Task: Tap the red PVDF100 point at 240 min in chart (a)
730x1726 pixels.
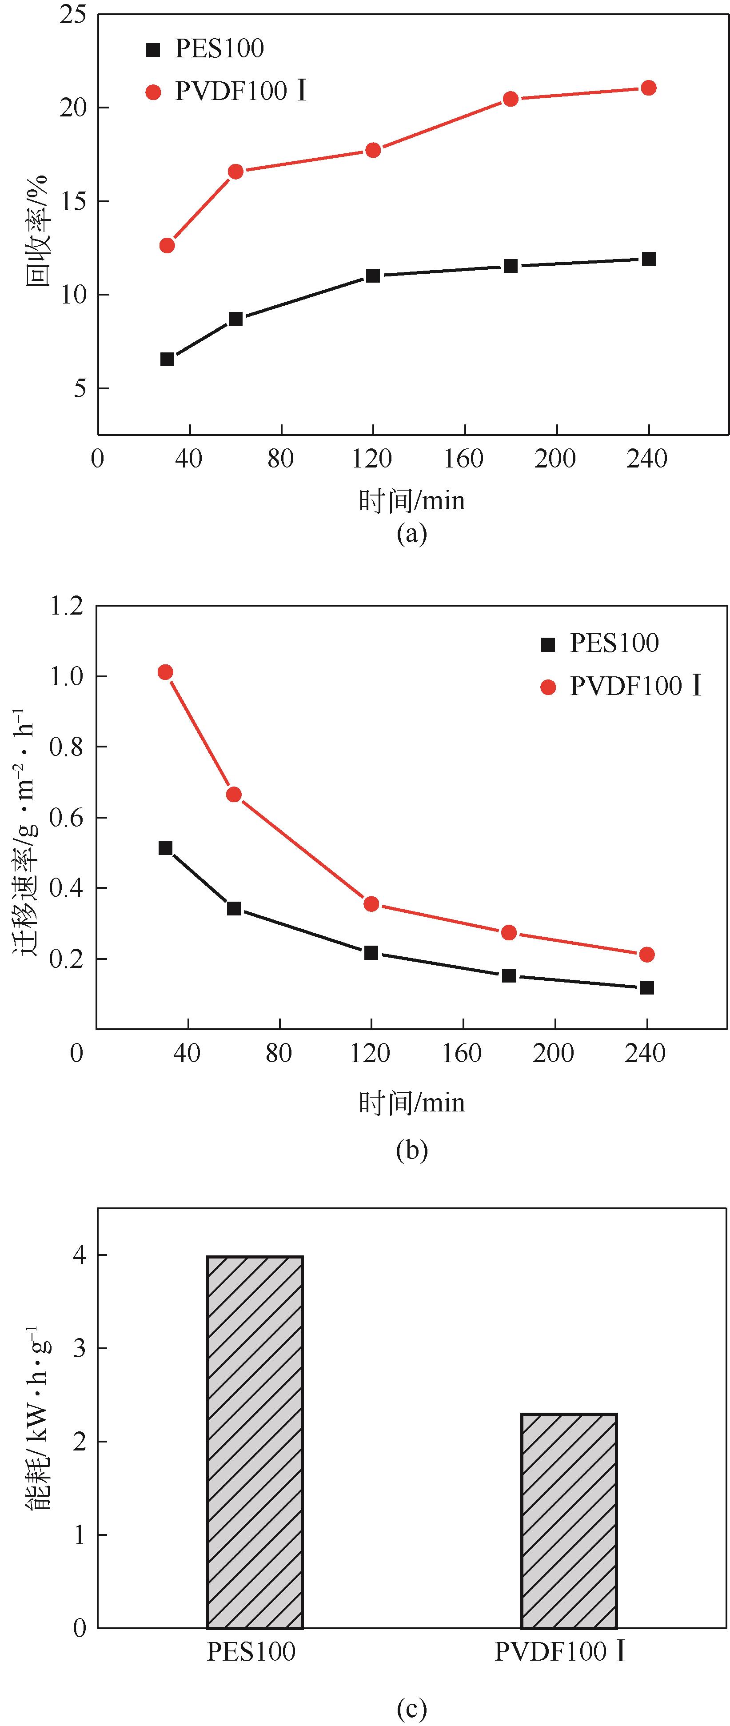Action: pos(648,88)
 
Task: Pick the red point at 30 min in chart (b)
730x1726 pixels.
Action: pos(165,672)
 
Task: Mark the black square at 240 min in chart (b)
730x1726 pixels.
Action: pos(647,987)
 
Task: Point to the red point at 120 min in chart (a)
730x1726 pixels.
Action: pos(373,150)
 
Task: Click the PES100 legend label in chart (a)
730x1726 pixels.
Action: pos(219,49)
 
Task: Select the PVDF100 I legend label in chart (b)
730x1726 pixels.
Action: pos(635,686)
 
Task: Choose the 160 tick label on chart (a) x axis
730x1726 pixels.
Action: pos(463,459)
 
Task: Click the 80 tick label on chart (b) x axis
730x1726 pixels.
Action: pos(279,1053)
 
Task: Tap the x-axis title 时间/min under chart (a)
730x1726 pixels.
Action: pos(411,500)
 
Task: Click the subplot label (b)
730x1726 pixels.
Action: pos(411,1151)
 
